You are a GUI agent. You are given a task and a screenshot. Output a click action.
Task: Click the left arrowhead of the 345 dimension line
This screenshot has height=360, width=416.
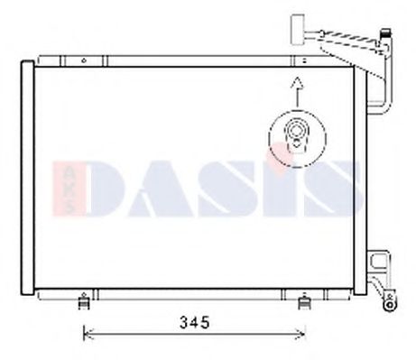(x=86, y=336)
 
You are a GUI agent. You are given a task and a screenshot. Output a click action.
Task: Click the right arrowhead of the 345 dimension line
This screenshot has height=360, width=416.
(x=306, y=336)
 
